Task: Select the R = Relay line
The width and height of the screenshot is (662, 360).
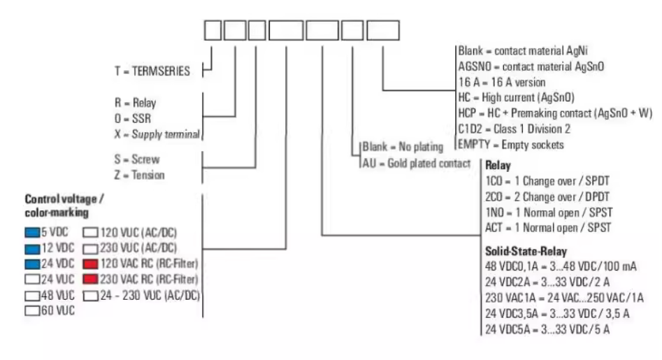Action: pos(135,102)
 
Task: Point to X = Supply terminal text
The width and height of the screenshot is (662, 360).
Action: pos(157,134)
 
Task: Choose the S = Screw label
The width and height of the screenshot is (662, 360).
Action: pos(136,159)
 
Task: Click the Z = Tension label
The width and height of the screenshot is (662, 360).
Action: pos(139,175)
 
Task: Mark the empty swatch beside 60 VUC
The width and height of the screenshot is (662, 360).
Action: pos(31,310)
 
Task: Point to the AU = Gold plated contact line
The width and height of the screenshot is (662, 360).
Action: pos(416,163)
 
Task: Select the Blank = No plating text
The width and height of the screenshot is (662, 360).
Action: pos(403,147)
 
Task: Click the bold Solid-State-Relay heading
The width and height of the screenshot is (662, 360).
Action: pos(525,250)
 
